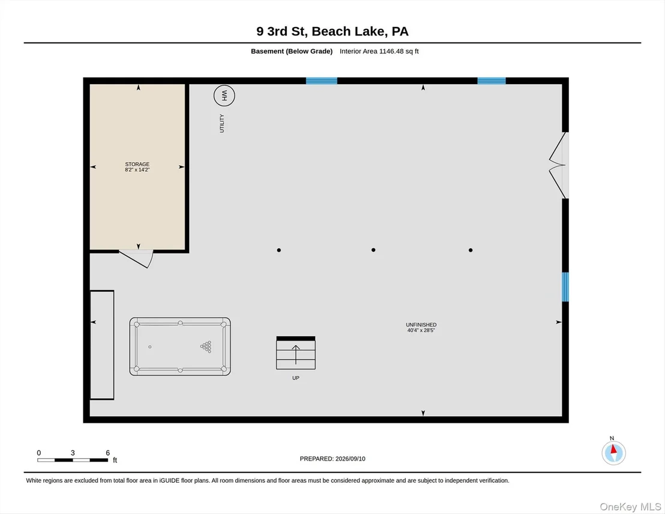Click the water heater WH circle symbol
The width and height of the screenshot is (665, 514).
[x=224, y=95]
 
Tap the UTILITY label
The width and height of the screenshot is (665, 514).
[x=222, y=124]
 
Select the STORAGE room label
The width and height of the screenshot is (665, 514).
[x=137, y=165]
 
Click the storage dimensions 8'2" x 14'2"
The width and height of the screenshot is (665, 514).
[x=137, y=170]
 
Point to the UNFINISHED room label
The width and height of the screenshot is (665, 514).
[x=421, y=325]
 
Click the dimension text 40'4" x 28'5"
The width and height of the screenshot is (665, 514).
[x=421, y=330]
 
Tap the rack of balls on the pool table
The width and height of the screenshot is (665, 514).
[x=206, y=346]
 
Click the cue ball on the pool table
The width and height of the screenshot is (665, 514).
[x=149, y=346]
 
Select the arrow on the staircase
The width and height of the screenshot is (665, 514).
[x=296, y=355]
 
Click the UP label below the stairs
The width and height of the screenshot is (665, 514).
[x=296, y=378]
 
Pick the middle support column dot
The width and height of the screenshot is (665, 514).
[x=373, y=250]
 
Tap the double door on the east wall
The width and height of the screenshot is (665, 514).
[x=558, y=165]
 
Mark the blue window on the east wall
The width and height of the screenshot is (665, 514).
[x=565, y=287]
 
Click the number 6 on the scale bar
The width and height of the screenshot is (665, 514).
[x=107, y=453]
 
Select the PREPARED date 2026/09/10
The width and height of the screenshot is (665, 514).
[x=351, y=459]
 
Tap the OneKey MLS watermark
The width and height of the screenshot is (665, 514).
[x=630, y=507]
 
